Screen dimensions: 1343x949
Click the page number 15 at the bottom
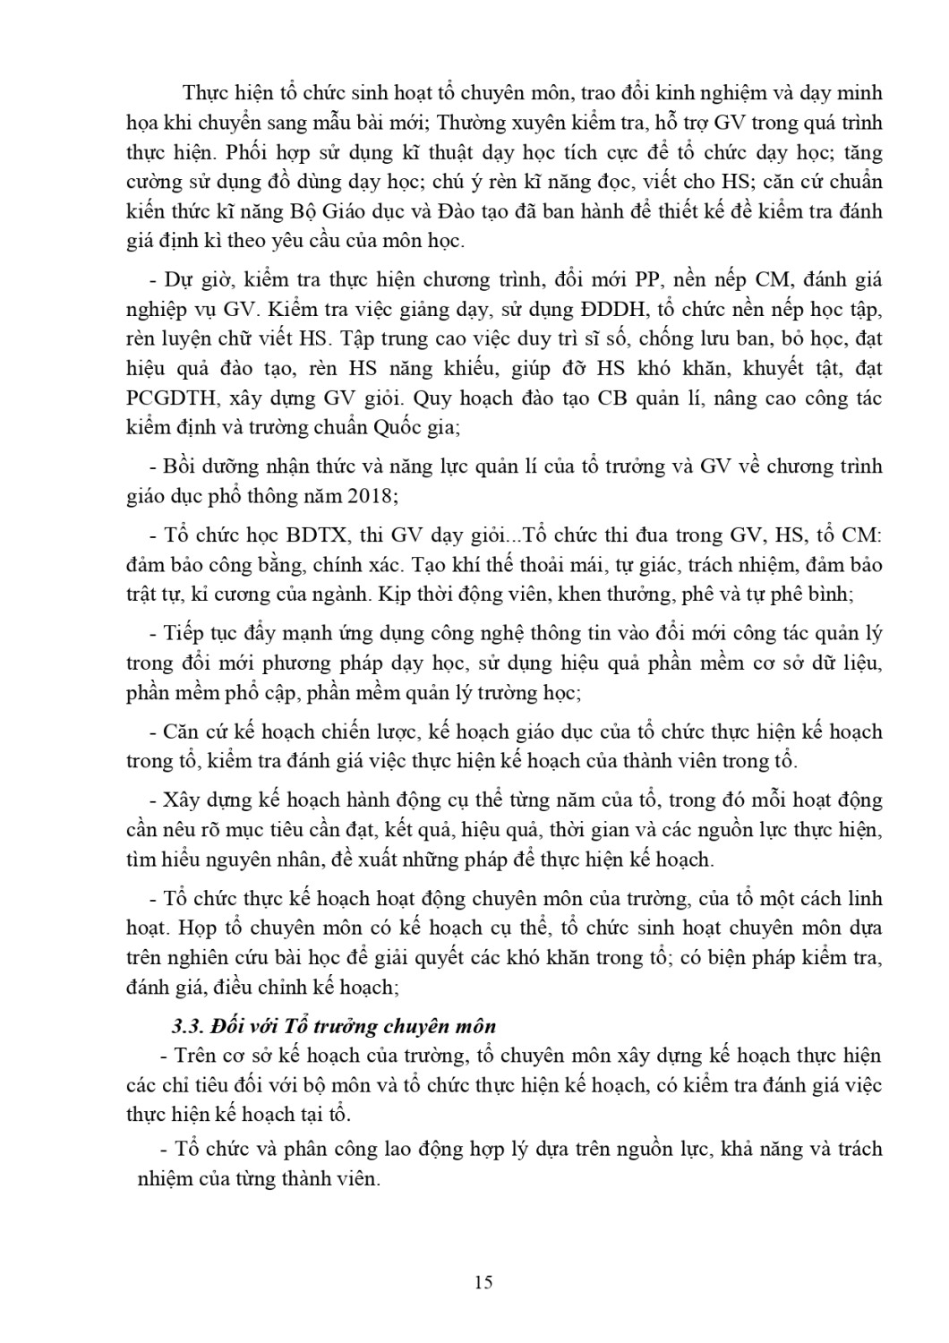[x=483, y=1281]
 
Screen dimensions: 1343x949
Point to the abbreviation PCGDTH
[x=173, y=398]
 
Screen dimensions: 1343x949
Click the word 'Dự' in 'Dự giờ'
[x=178, y=280]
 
